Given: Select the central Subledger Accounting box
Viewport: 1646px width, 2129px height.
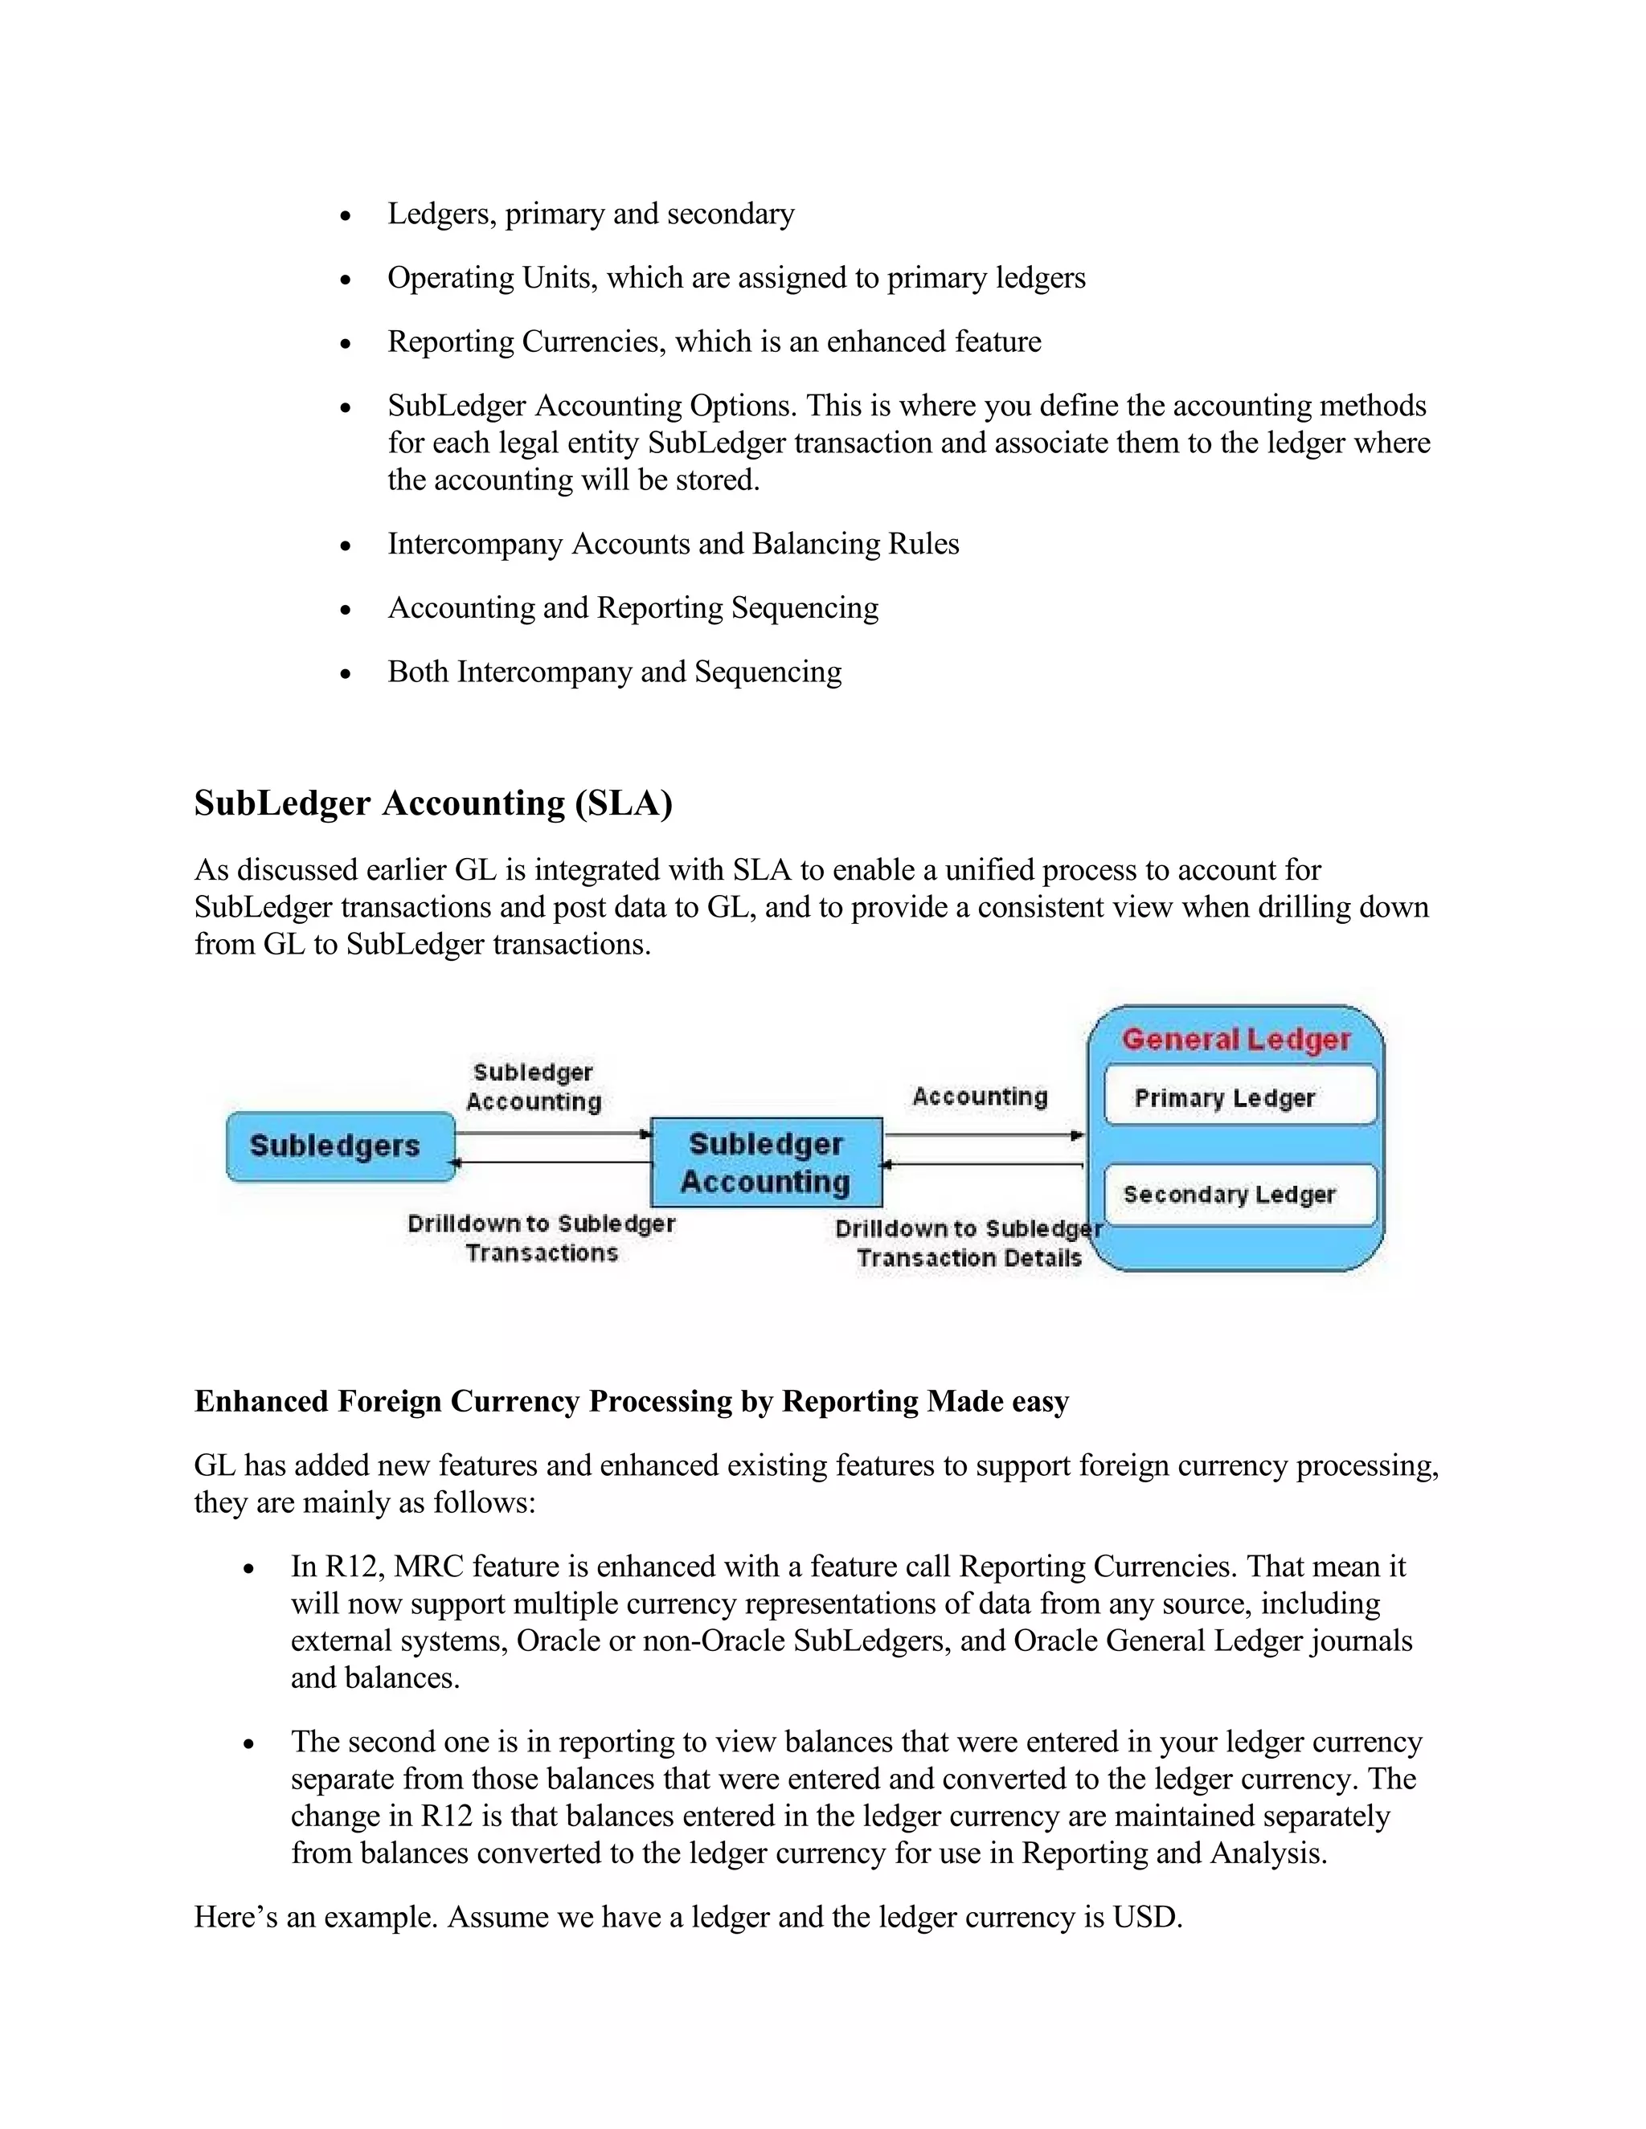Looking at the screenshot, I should [x=767, y=1162].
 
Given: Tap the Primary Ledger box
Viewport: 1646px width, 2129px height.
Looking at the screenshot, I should [x=1239, y=1097].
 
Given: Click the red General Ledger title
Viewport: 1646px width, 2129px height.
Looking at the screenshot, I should [x=1236, y=1039].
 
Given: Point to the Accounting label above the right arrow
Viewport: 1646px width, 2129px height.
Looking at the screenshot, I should [x=980, y=1097].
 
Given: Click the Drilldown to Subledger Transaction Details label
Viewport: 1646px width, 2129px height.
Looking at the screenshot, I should [x=968, y=1243].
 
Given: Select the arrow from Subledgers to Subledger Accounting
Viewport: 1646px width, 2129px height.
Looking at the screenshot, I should [x=552, y=1134].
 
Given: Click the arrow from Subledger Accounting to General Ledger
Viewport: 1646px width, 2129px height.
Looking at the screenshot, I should [x=983, y=1134].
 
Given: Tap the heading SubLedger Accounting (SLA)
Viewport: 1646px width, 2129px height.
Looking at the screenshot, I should [x=433, y=803].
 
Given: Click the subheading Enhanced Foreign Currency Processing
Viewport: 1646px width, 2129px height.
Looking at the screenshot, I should [x=631, y=1402].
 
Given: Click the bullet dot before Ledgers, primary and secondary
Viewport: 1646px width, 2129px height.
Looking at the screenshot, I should [x=345, y=216].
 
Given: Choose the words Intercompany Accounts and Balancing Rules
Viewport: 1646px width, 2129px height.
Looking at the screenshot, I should [x=673, y=544].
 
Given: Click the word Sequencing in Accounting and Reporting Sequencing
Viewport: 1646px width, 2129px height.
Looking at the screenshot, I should [x=805, y=608].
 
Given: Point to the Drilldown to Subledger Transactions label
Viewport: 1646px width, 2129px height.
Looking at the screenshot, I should [x=541, y=1238].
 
